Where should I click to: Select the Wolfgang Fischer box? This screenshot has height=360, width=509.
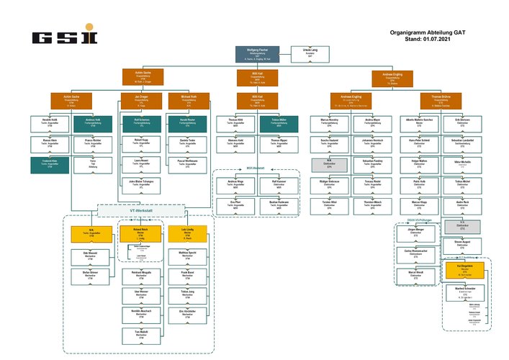(x=257, y=53)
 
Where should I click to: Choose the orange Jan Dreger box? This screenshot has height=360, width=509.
(x=141, y=99)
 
